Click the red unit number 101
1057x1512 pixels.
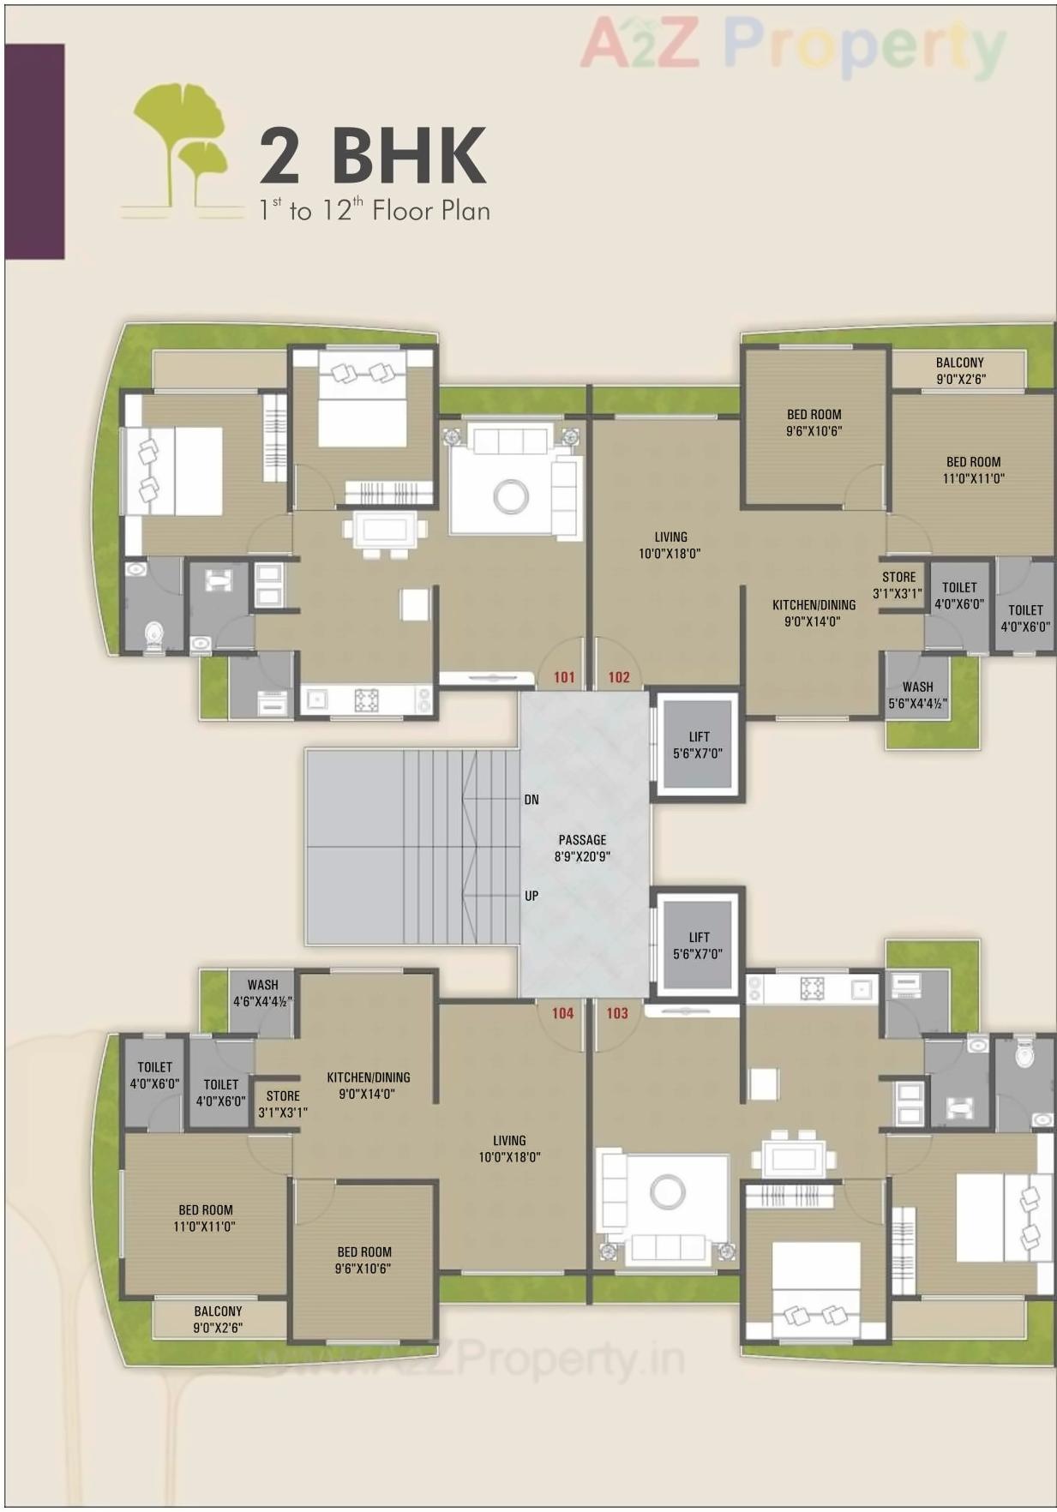pyautogui.click(x=563, y=677)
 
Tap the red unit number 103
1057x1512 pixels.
pyautogui.click(x=616, y=1013)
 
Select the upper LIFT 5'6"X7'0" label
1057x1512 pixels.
pyautogui.click(x=698, y=745)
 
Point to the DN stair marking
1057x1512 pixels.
pyautogui.click(x=532, y=800)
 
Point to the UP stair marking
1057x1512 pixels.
pyautogui.click(x=532, y=896)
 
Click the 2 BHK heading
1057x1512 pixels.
pyautogui.click(x=373, y=156)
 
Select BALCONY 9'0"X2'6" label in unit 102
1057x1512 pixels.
pyautogui.click(x=958, y=370)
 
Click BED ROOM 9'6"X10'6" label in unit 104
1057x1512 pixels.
pyautogui.click(x=363, y=1260)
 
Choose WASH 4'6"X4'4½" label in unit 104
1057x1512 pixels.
pyautogui.click(x=262, y=993)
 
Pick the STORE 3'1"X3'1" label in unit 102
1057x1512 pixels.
pyautogui.click(x=898, y=585)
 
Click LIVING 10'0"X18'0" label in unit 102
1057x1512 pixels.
pyautogui.click(x=670, y=545)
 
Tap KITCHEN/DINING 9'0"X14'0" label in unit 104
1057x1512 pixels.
pyautogui.click(x=368, y=1085)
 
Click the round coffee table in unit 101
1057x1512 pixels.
pyautogui.click(x=511, y=495)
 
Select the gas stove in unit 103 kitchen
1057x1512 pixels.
pyautogui.click(x=812, y=988)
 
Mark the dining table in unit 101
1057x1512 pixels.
pyautogui.click(x=384, y=529)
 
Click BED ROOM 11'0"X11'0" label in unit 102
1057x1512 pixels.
pyautogui.click(x=973, y=470)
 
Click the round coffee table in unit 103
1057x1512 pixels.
pyautogui.click(x=668, y=1191)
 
